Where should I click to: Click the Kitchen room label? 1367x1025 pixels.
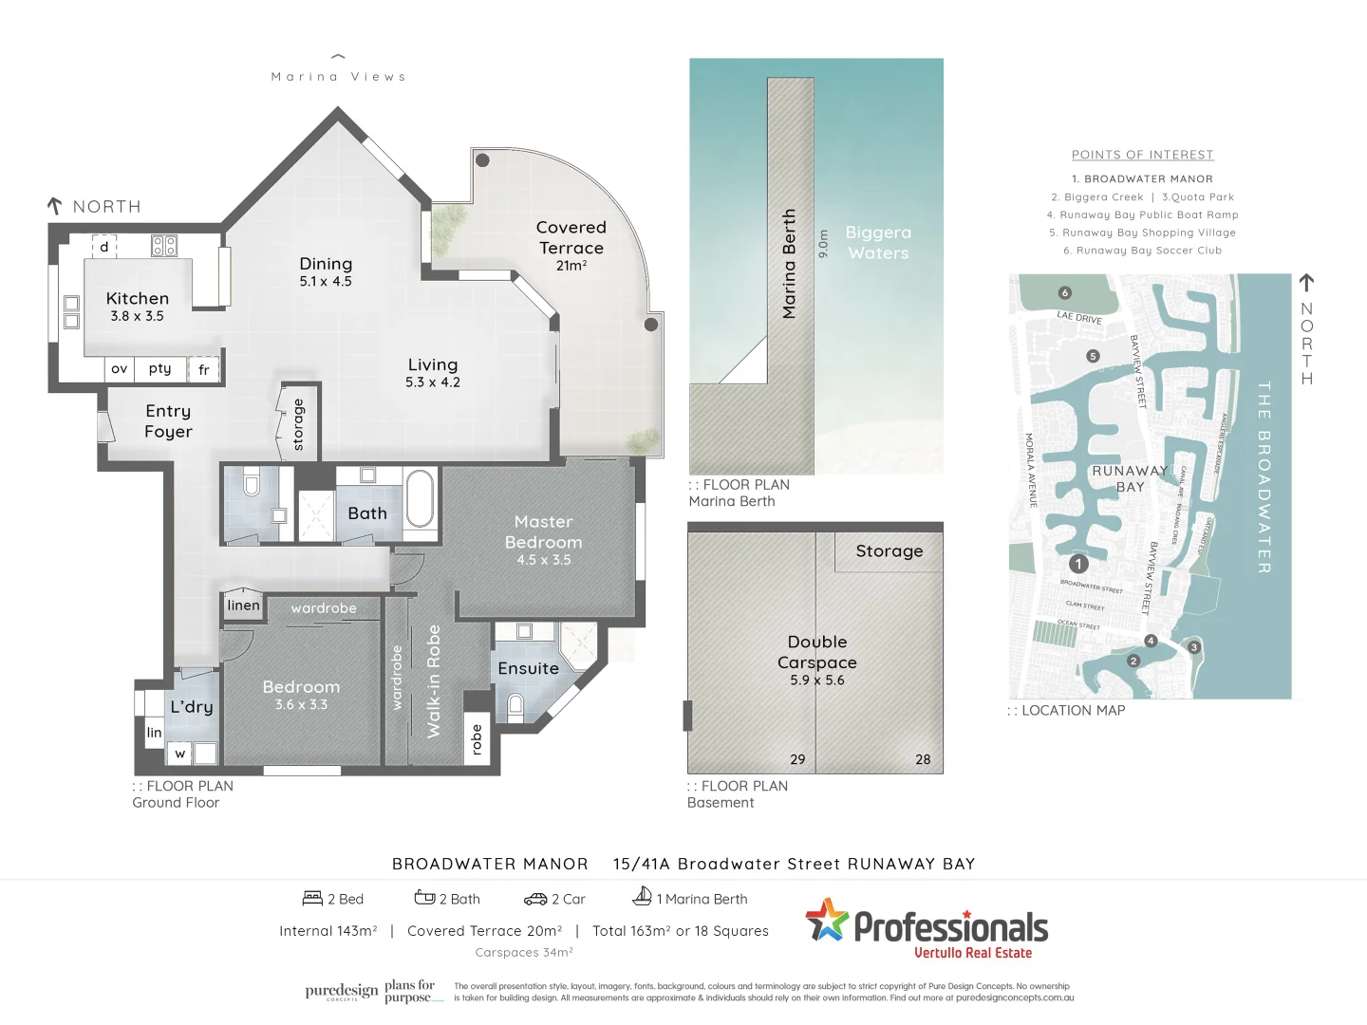pyautogui.click(x=138, y=299)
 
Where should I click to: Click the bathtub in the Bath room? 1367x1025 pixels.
pyautogui.click(x=420, y=498)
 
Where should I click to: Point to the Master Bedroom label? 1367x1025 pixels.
pyautogui.click(x=543, y=532)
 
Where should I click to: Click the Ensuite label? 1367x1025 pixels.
pyautogui.click(x=528, y=669)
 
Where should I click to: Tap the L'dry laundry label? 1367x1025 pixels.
pyautogui.click(x=191, y=707)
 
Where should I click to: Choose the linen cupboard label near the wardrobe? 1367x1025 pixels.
pyautogui.click(x=243, y=606)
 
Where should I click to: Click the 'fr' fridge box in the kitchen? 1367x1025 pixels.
pyautogui.click(x=204, y=369)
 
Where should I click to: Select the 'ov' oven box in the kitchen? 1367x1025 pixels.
pyautogui.click(x=119, y=369)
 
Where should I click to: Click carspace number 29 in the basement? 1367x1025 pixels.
pyautogui.click(x=797, y=759)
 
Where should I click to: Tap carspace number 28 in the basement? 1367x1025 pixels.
pyautogui.click(x=923, y=759)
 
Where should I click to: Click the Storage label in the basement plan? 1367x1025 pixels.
pyautogui.click(x=889, y=551)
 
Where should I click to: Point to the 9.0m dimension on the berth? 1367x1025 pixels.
pyautogui.click(x=823, y=243)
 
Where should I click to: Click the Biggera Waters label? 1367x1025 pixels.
pyautogui.click(x=878, y=243)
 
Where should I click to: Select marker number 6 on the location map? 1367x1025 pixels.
pyautogui.click(x=1064, y=293)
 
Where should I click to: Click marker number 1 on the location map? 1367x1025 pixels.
pyautogui.click(x=1078, y=564)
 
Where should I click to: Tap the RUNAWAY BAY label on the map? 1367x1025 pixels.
pyautogui.click(x=1130, y=478)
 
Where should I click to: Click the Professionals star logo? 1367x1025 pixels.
pyautogui.click(x=826, y=920)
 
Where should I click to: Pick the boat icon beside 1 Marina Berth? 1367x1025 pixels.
pyautogui.click(x=643, y=896)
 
